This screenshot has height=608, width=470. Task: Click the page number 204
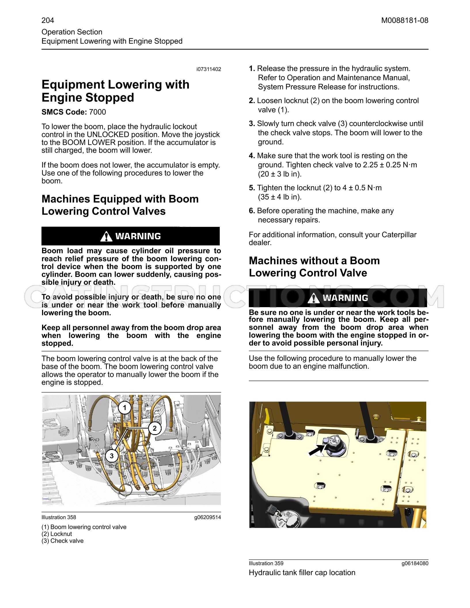[48, 20]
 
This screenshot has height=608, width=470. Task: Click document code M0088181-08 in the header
[405, 20]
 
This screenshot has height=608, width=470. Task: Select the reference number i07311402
[209, 69]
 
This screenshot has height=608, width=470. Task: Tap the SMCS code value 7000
[98, 112]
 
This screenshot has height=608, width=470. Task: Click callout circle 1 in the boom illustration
[125, 408]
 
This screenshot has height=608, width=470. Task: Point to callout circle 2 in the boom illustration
[155, 428]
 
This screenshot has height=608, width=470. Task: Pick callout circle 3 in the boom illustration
[112, 456]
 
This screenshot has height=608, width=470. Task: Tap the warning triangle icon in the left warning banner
[106, 236]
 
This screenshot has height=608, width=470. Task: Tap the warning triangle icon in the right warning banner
[314, 298]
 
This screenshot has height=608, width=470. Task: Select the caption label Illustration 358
[59, 517]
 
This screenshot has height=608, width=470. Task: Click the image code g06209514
[208, 517]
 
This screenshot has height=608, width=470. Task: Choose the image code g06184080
[415, 563]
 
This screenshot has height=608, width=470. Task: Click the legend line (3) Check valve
[62, 541]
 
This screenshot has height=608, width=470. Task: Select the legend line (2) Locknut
[57, 534]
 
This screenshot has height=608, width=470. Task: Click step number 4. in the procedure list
[252, 156]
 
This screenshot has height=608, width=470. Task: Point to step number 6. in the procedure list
[252, 211]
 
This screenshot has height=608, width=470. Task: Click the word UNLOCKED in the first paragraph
[108, 135]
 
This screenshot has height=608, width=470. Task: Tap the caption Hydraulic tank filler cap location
[302, 573]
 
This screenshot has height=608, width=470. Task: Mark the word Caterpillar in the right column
[399, 235]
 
